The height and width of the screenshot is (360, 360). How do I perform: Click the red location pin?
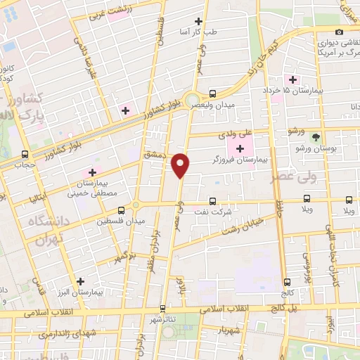click(181, 165)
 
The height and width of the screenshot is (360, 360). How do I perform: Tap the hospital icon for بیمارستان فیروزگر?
click(240, 148)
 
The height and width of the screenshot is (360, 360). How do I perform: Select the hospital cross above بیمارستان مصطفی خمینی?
click(92, 172)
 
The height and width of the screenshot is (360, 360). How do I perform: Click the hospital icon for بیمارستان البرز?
click(82, 281)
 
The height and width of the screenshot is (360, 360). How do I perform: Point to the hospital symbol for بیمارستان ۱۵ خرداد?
click(288, 79)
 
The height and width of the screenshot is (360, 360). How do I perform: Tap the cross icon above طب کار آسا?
click(199, 22)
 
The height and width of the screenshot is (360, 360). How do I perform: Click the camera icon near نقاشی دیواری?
click(340, 32)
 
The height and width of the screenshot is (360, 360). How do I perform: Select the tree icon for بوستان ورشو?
click(316, 137)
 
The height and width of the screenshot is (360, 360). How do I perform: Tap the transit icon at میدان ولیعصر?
click(213, 94)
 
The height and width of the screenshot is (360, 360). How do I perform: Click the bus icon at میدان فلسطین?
click(122, 210)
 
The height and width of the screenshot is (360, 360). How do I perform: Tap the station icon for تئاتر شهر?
click(162, 308)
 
